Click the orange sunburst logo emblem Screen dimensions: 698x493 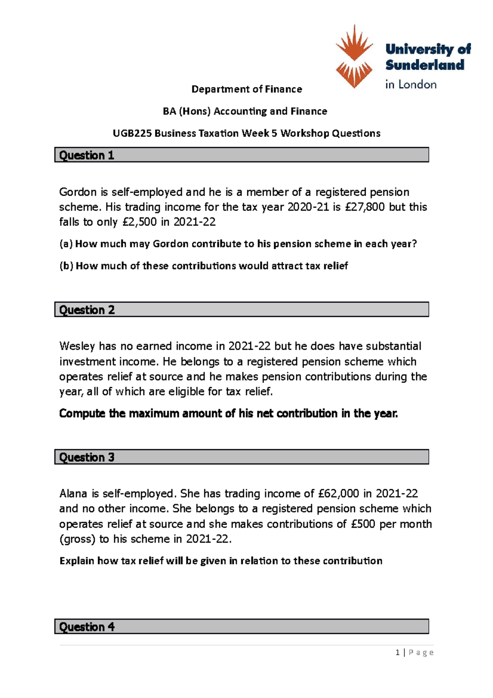click(x=354, y=56)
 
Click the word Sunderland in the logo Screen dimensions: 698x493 click(x=425, y=65)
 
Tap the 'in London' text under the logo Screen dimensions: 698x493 click(x=410, y=85)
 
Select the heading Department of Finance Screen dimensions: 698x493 click(x=246, y=89)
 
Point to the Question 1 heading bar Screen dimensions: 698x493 click(x=242, y=155)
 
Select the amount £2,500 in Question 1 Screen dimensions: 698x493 click(x=140, y=222)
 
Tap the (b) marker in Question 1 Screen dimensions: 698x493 click(x=66, y=266)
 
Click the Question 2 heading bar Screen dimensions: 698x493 click(x=242, y=310)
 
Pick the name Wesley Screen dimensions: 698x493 click(x=77, y=346)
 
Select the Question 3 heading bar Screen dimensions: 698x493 click(x=242, y=457)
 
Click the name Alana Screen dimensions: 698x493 click(x=73, y=493)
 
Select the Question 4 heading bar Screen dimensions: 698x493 click(x=242, y=626)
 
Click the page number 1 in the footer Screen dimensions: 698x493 click(x=397, y=652)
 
